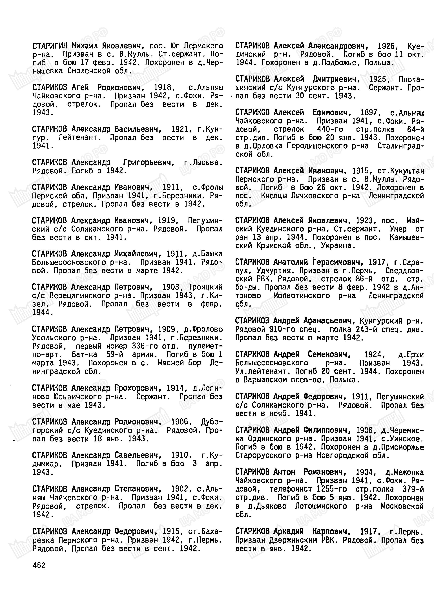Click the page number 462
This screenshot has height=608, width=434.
(x=39, y=565)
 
